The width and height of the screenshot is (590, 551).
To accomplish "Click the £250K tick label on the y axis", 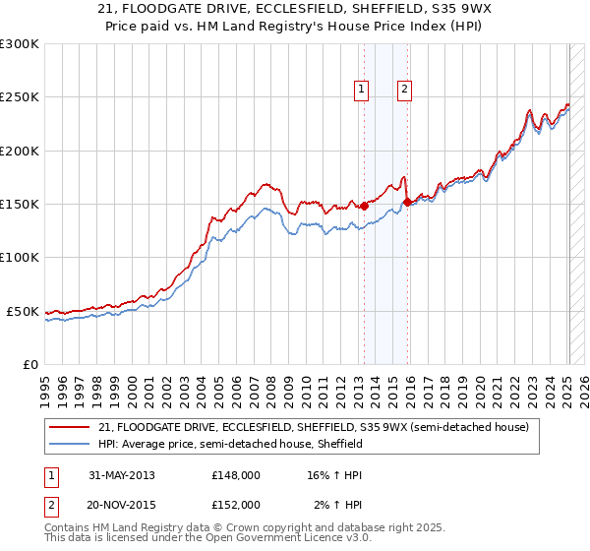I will click(20, 97).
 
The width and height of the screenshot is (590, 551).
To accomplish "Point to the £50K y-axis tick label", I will click(23, 311).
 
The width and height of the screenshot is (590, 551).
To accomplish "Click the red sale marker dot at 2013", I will click(364, 206).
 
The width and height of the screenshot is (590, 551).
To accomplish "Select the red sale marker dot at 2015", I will click(407, 202).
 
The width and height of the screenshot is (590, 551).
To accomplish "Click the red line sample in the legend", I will click(72, 427).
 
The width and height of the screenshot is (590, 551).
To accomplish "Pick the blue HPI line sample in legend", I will click(72, 444).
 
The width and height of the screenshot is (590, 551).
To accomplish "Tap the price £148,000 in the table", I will click(235, 475).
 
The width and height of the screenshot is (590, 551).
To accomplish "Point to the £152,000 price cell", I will click(235, 505).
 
